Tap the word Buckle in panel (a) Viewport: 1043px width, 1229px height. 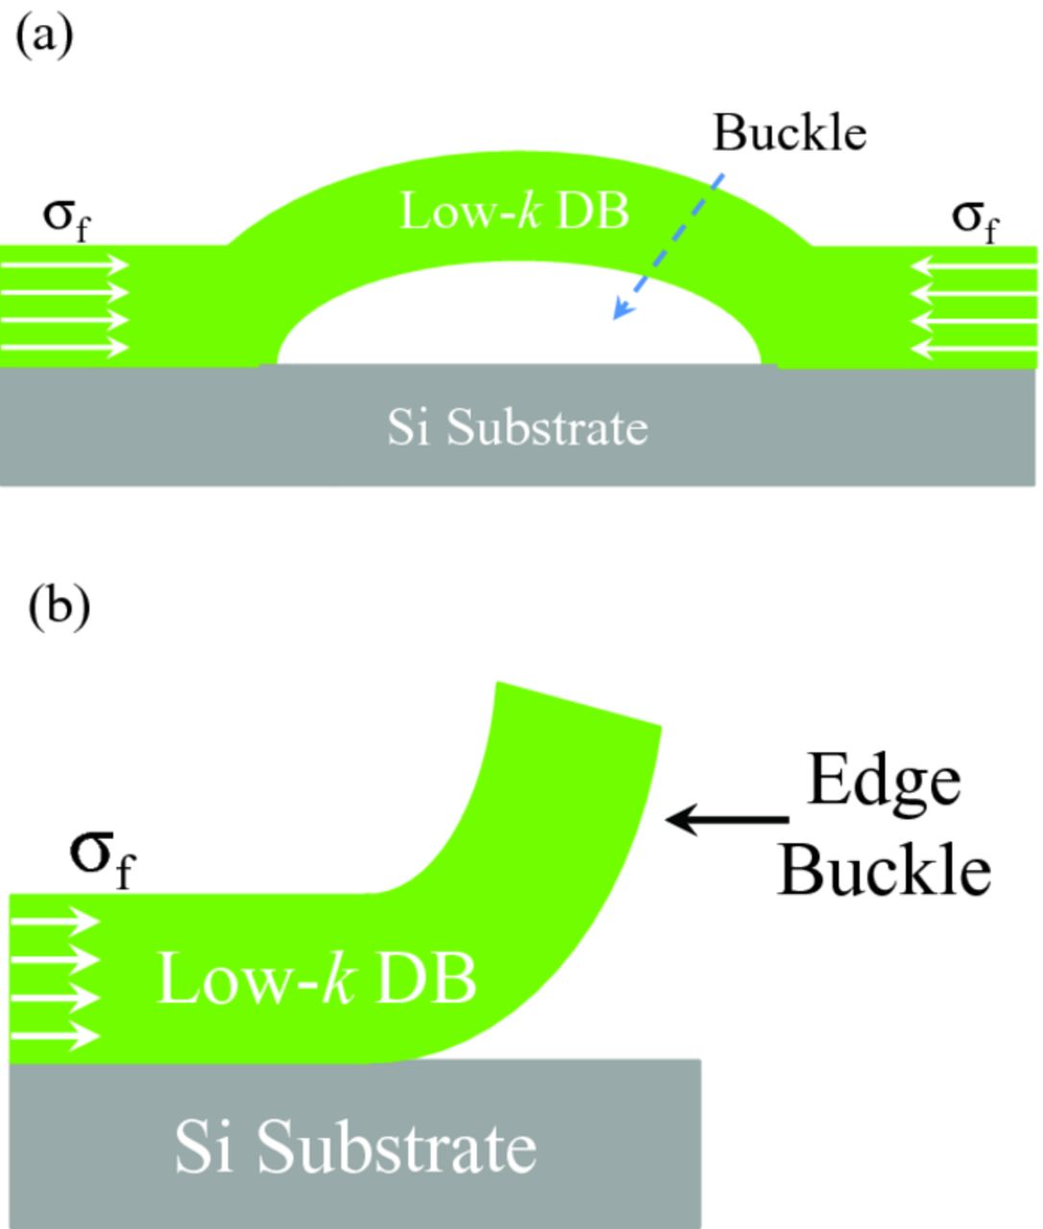(788, 133)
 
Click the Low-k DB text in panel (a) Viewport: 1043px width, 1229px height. (514, 210)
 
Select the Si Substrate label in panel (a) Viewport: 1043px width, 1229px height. (517, 426)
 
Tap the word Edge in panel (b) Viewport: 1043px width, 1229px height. (883, 780)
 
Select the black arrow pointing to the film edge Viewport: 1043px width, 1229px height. (727, 820)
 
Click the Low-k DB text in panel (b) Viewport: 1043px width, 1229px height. (316, 979)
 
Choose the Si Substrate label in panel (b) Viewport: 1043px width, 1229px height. (354, 1146)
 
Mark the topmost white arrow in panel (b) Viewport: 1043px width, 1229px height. (56, 922)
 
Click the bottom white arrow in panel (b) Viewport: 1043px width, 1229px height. (56, 1036)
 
